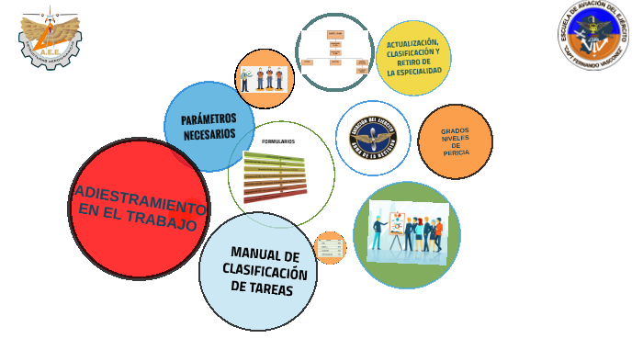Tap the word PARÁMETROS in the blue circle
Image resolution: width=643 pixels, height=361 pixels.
coord(209,119)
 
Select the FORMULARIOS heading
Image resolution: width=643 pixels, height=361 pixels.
coord(277,141)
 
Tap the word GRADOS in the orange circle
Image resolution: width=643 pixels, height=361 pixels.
coord(455,130)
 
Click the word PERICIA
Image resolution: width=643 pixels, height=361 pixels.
coord(456,152)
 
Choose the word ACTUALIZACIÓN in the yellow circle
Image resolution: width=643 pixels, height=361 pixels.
coord(412,43)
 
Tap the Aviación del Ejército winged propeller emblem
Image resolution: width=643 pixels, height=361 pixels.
coord(373,138)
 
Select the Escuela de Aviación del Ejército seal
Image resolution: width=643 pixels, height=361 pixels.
coord(594,34)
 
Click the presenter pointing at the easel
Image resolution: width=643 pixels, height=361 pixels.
coord(378,231)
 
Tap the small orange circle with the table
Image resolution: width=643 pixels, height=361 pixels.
coord(330,248)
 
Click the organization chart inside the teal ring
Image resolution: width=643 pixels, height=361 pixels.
coord(334,51)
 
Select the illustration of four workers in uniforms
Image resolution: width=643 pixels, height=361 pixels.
coord(264,79)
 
